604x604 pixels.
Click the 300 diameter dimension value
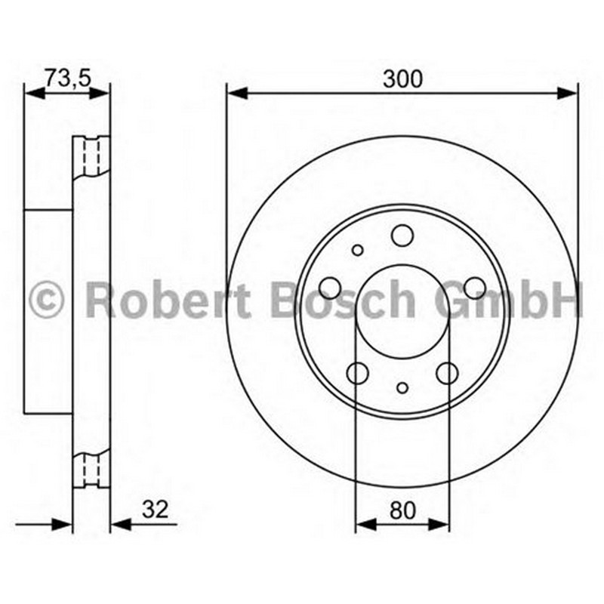pos(402,79)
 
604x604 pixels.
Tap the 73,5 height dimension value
pos(67,79)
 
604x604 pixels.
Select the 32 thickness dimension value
pos(156,509)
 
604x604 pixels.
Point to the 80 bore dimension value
pos(402,510)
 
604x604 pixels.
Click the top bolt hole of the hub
pos(402,236)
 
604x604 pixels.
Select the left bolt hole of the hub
pos(331,288)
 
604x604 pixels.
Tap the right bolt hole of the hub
pos(474,288)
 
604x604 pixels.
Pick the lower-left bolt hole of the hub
pos(357,373)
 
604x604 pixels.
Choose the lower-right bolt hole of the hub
pos(447,373)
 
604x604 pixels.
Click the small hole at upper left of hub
pos(357,251)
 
